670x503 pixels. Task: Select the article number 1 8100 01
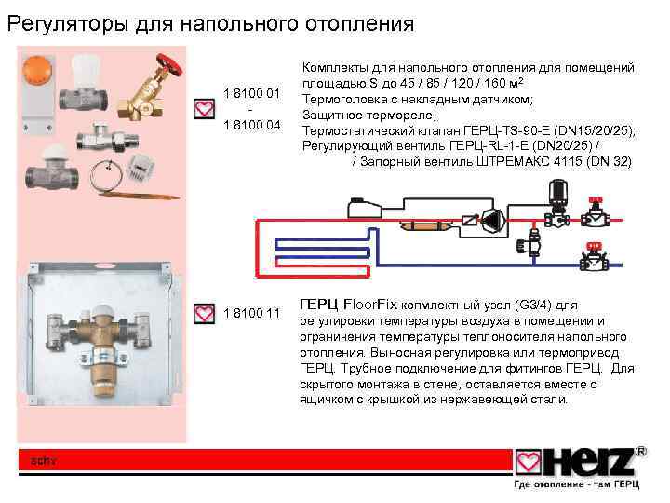[x=252, y=92]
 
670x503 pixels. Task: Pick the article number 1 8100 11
[x=252, y=312]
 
